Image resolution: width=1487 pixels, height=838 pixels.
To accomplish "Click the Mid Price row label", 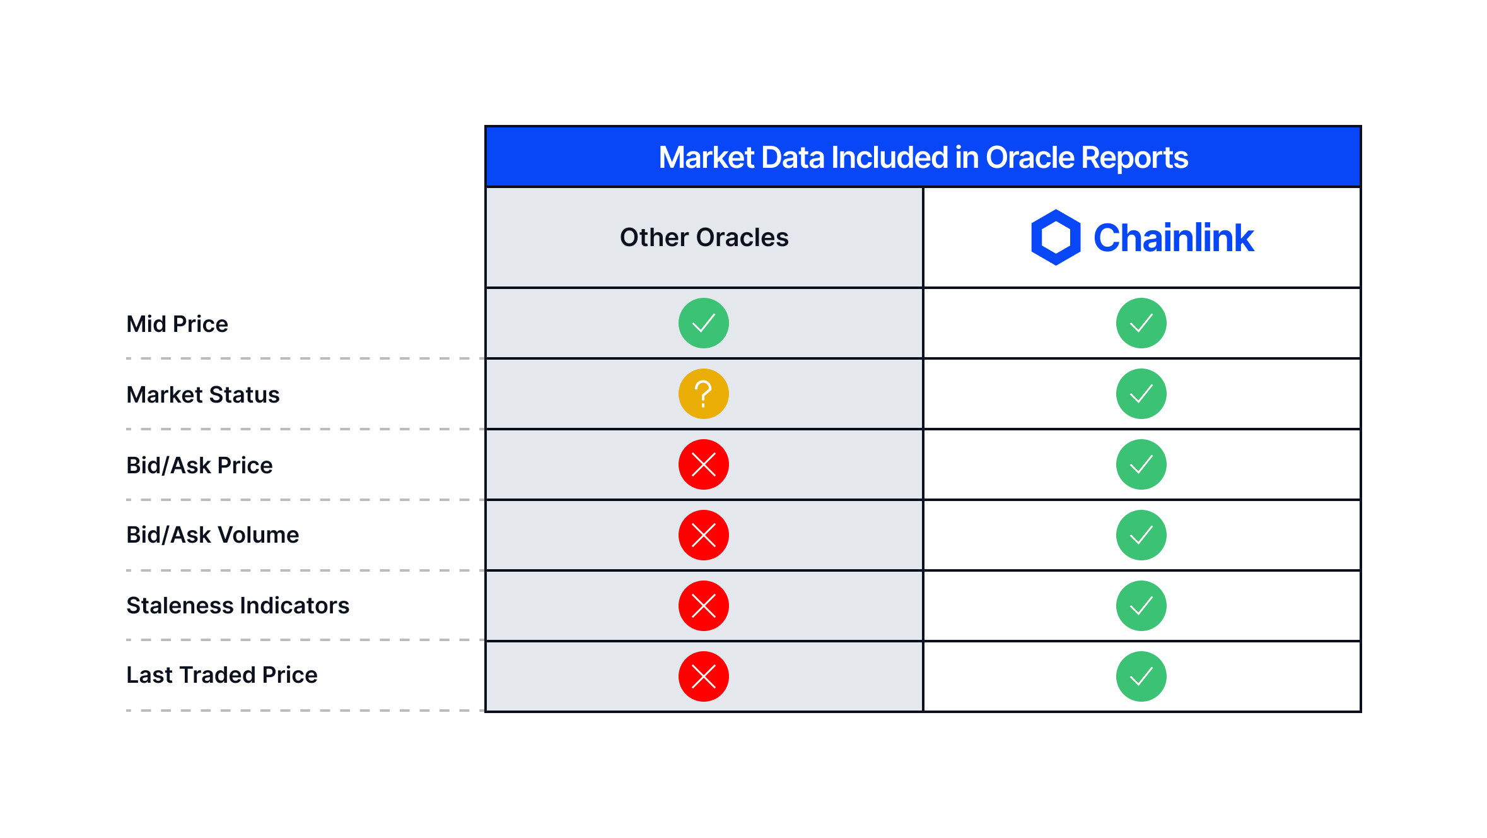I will [x=177, y=324].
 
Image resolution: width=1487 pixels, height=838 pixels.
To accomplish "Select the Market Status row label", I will [x=202, y=395].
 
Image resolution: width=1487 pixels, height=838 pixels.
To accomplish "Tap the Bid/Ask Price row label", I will [x=199, y=466].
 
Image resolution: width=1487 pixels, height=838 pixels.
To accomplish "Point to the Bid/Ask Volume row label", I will [x=213, y=535].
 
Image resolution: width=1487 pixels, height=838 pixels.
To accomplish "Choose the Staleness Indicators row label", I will [x=238, y=606].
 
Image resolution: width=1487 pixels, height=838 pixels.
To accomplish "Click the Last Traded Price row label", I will [x=221, y=675].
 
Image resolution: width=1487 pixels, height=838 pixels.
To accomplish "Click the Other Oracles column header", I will [x=704, y=238].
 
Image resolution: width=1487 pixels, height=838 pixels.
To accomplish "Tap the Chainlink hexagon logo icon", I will [x=1055, y=237].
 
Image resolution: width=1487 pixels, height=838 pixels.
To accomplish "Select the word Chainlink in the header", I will [x=1174, y=238].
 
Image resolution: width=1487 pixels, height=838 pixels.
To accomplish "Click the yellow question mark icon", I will [x=704, y=394].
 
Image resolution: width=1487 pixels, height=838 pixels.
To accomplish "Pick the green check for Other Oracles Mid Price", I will [x=704, y=323].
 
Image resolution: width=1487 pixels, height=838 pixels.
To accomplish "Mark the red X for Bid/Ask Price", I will [x=704, y=464].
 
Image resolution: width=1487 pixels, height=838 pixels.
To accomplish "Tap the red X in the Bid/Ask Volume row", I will [x=704, y=535].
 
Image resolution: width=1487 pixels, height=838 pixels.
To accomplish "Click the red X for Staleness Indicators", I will [x=704, y=606].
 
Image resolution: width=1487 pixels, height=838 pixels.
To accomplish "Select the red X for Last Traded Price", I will [x=704, y=676].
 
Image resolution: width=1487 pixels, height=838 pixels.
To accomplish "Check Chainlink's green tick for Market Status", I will [x=1141, y=394].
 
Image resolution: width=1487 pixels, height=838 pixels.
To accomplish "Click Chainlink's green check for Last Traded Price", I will [x=1141, y=676].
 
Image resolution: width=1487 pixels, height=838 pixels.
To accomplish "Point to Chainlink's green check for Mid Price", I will [x=1141, y=323].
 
